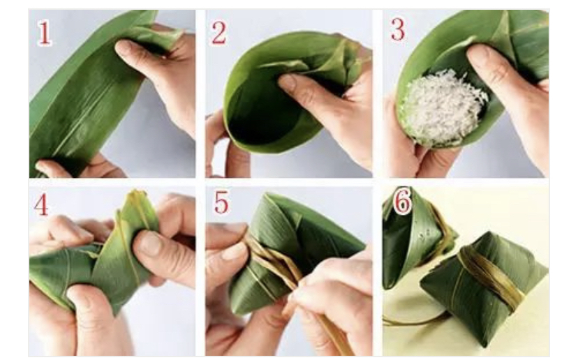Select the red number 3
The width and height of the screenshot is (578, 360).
click(397, 29)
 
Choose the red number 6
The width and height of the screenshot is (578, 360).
click(403, 201)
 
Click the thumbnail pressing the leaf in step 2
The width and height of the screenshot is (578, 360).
click(288, 82)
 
